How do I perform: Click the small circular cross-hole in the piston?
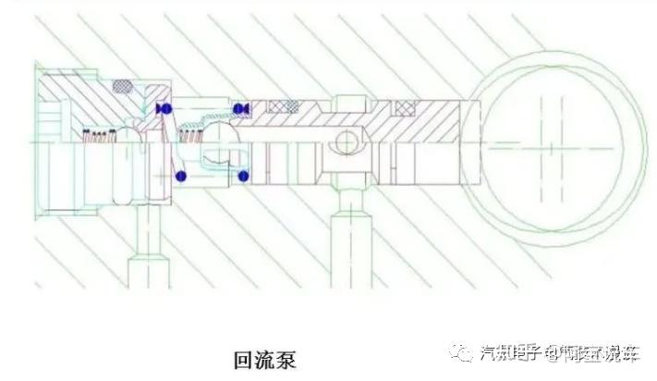pos(344,142)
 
